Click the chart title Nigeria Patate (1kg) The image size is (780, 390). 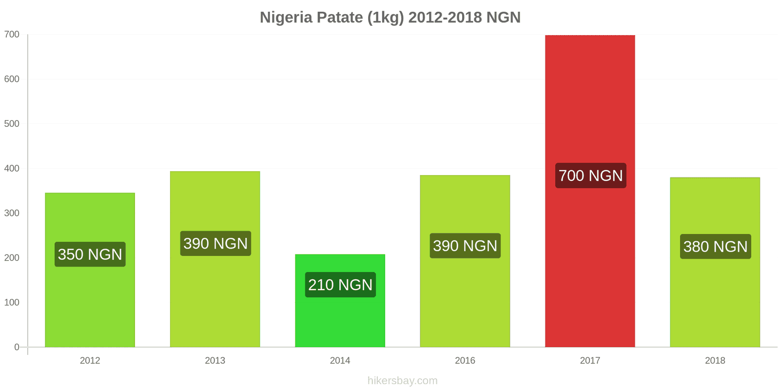coord(390,18)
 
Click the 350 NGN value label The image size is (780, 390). coord(90,254)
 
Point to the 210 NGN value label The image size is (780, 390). coord(340,285)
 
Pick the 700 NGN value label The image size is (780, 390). coord(590,175)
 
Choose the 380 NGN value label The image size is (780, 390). coord(715,247)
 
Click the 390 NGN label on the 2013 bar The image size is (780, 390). coord(215,244)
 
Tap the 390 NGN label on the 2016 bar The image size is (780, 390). coord(465,246)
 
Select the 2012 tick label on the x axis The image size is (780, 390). coord(90,361)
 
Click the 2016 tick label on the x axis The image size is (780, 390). coord(465,361)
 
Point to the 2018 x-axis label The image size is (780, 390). coord(715,361)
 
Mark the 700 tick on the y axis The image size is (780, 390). coord(12,35)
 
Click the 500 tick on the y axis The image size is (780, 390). coord(12,124)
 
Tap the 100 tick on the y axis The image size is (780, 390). coord(12,303)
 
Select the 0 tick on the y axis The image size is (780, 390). coord(17,347)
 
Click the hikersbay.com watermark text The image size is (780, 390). coord(402,381)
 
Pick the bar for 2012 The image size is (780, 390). coord(90,302)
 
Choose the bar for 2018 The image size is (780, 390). coord(715,302)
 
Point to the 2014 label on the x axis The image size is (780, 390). coord(340,361)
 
